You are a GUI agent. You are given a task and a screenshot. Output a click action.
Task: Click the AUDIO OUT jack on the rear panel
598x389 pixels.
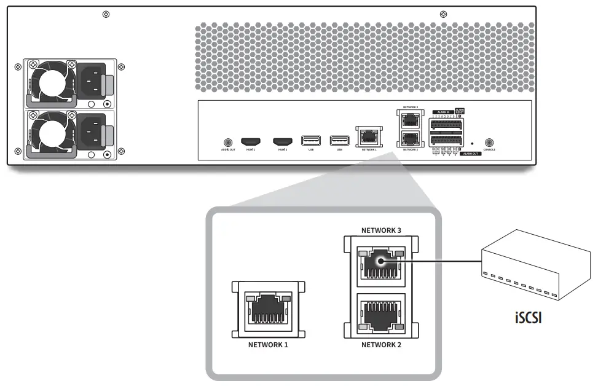pyautogui.click(x=229, y=141)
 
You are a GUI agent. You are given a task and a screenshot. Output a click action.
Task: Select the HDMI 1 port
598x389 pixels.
pyautogui.click(x=250, y=141)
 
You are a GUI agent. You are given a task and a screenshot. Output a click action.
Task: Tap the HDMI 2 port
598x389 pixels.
pyautogui.click(x=282, y=141)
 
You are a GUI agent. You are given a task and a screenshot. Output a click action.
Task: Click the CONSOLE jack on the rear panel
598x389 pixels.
pyautogui.click(x=489, y=141)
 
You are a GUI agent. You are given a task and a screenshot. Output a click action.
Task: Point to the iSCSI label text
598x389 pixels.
pyautogui.click(x=528, y=318)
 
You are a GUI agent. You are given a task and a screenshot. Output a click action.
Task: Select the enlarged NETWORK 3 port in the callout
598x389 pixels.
pyautogui.click(x=381, y=263)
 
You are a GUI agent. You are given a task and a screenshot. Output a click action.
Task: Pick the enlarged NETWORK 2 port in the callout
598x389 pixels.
pyautogui.click(x=381, y=313)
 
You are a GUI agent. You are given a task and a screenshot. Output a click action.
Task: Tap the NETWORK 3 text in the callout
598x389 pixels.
pyautogui.click(x=381, y=230)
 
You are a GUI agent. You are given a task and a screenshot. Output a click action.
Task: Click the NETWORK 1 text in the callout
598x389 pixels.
pyautogui.click(x=268, y=345)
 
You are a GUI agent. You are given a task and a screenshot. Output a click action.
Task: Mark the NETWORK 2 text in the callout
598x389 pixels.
pyautogui.click(x=381, y=345)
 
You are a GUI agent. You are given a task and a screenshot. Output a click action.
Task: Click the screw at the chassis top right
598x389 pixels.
pyautogui.click(x=444, y=14)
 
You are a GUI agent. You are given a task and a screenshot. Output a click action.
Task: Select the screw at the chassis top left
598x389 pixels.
pyautogui.click(x=106, y=14)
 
